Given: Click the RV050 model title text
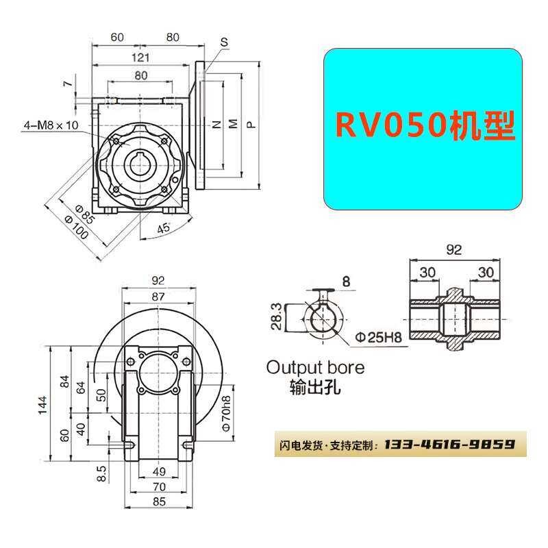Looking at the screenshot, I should click(x=424, y=126).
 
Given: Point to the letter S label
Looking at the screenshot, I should click(x=223, y=42).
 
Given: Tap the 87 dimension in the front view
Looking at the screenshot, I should click(x=158, y=297).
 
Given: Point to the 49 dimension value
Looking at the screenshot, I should click(x=158, y=471).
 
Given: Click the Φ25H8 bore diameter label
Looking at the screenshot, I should click(x=377, y=338).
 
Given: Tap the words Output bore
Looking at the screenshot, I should click(x=315, y=367).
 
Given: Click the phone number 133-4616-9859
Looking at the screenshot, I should click(x=449, y=445).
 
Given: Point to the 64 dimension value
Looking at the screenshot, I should click(x=82, y=387).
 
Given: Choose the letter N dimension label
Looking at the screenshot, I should click(x=215, y=125).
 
